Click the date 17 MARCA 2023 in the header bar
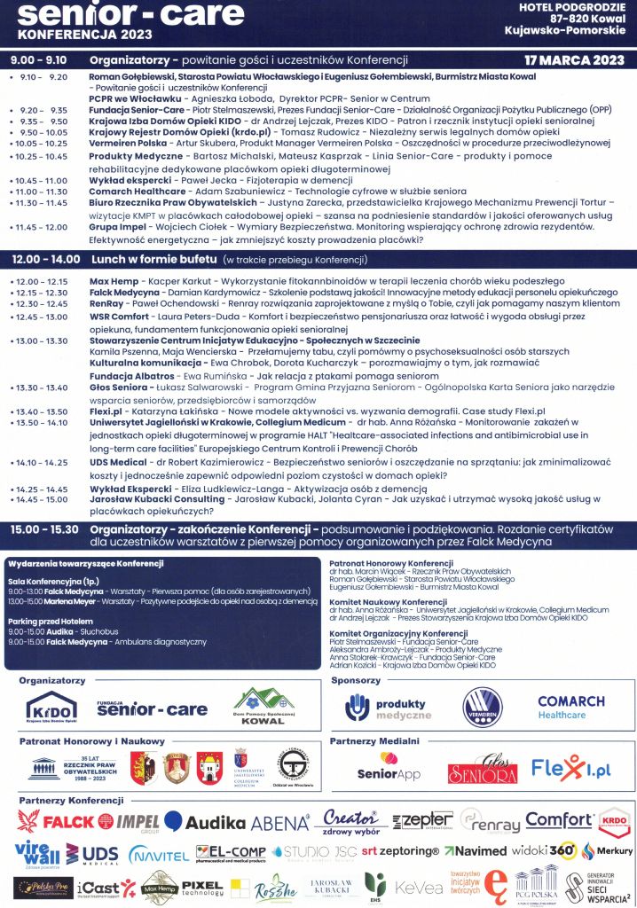tap(575, 60)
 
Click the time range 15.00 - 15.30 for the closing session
tap(43, 528)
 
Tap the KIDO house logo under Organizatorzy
tap(51, 708)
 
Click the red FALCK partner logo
tap(59, 822)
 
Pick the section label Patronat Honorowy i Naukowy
tap(91, 740)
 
